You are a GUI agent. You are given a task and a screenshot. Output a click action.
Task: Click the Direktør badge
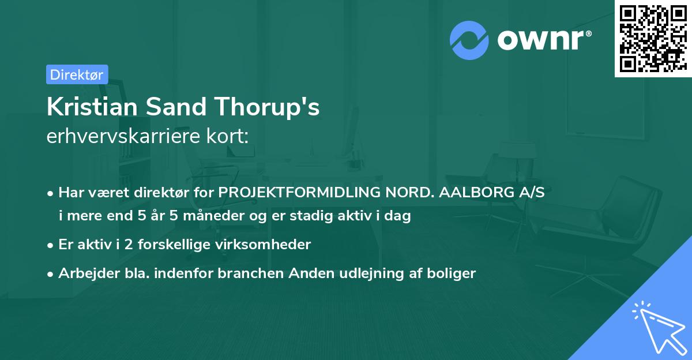coord(77,74)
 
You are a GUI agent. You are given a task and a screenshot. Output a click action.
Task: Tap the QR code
coord(653,38)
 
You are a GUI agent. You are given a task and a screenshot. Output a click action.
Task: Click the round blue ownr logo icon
coord(469,40)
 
